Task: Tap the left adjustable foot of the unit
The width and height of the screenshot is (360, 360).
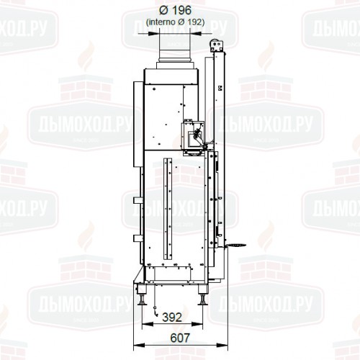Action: click(148, 294)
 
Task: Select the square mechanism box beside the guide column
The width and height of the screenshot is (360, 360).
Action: click(193, 137)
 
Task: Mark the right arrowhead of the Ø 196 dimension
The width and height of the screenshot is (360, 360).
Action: click(196, 32)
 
